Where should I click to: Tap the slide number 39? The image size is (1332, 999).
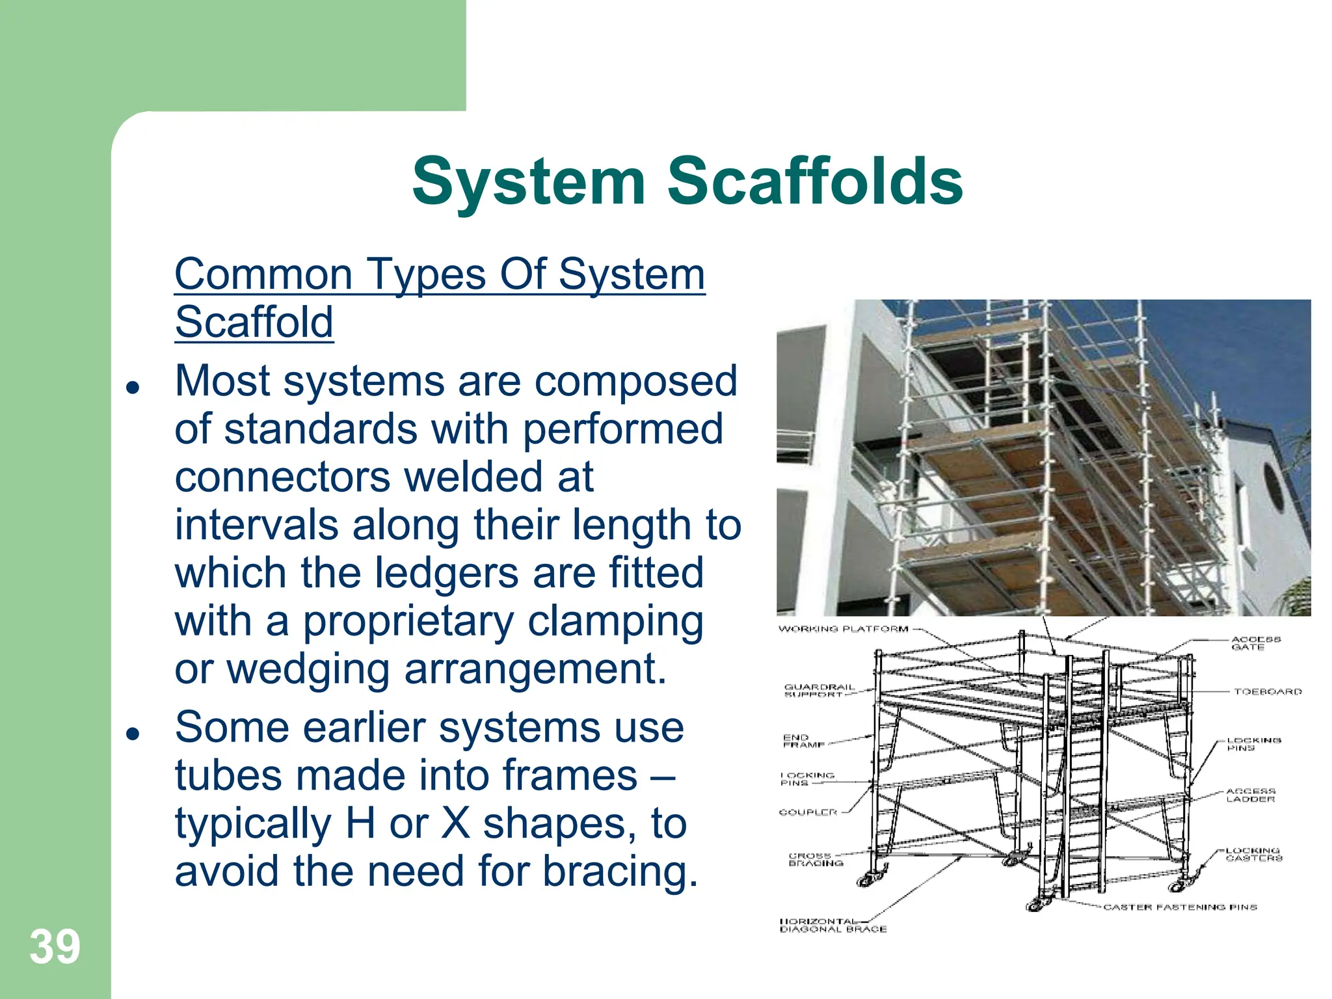click(x=55, y=947)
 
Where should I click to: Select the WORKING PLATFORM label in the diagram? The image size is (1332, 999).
click(x=843, y=629)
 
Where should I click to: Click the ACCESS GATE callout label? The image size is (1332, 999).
click(x=1255, y=643)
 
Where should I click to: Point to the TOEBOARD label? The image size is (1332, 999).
click(x=1268, y=691)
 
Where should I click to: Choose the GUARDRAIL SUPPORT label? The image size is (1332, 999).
click(x=818, y=691)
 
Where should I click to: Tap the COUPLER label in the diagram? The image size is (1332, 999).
click(x=807, y=812)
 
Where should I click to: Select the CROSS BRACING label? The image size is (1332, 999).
click(x=815, y=859)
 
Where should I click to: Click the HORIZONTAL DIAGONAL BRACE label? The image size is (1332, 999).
click(x=832, y=926)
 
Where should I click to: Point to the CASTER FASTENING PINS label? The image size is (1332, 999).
click(x=1180, y=907)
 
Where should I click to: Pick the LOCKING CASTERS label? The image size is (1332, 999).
click(x=1253, y=855)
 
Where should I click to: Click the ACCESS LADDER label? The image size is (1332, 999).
click(x=1250, y=795)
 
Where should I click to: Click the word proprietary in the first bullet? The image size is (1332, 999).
click(x=408, y=621)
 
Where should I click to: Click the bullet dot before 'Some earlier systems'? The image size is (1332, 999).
click(x=133, y=734)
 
